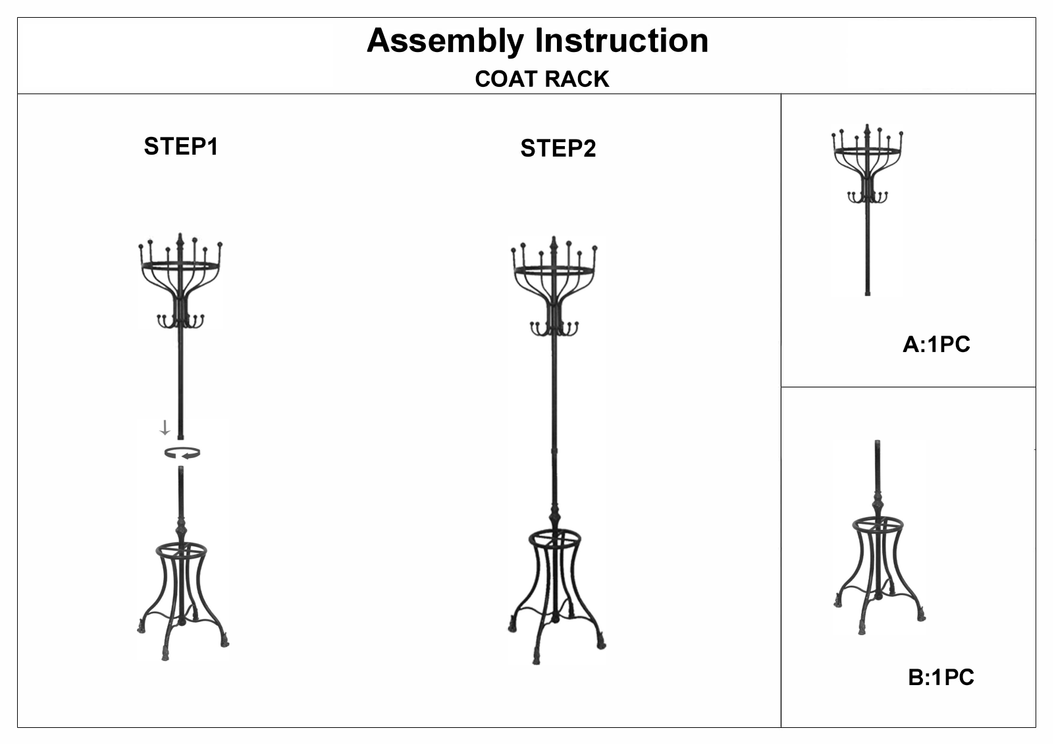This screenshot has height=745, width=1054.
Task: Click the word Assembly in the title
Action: point(445,41)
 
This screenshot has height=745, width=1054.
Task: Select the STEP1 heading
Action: point(180,146)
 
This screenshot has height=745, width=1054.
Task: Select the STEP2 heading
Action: point(558,148)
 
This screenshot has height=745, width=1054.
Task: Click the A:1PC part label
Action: point(936,344)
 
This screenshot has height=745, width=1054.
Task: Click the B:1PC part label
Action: point(941,677)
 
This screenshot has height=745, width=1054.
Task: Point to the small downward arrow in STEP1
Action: point(165,428)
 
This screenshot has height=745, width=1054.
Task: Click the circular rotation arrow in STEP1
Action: point(182,453)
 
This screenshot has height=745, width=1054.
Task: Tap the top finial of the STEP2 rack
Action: point(554,244)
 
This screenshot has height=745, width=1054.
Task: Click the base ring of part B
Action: point(878,520)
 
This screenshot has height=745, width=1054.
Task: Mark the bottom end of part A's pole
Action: point(868,294)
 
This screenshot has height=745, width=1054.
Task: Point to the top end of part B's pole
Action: point(877,442)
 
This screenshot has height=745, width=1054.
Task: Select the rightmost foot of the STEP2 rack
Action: point(601,644)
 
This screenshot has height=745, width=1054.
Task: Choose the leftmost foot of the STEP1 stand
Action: point(141,628)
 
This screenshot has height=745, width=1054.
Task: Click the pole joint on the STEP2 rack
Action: point(554,451)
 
